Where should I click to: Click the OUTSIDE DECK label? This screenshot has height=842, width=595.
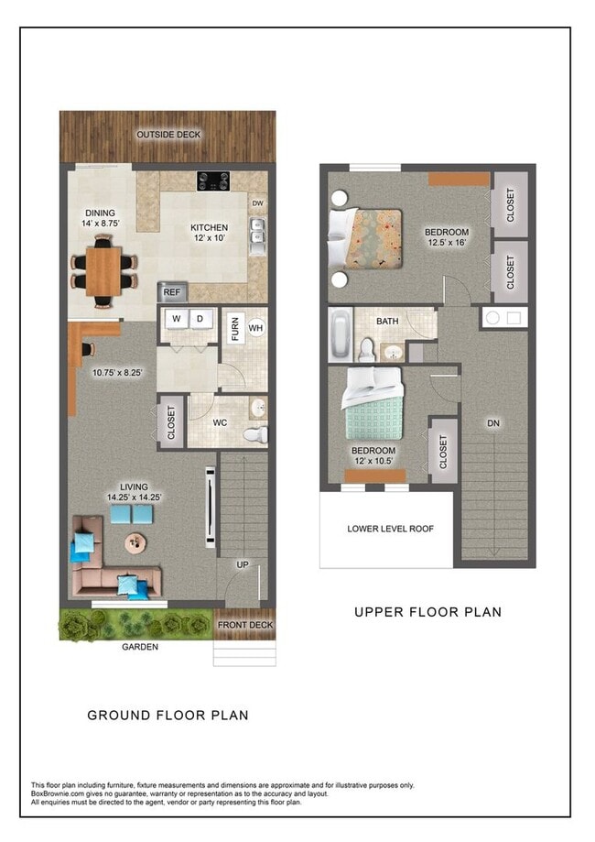168,135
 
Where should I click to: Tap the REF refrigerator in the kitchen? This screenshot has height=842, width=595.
170,293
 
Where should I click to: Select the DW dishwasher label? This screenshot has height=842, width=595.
258,203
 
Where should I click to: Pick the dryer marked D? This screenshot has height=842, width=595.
200,319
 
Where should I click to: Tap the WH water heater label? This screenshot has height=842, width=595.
255,327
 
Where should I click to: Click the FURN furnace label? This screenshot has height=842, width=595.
235,328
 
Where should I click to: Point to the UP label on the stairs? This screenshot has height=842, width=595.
243,564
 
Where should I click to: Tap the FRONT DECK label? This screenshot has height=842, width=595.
244,626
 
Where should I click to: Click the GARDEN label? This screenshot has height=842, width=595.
140,647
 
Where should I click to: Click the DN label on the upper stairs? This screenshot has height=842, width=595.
493,423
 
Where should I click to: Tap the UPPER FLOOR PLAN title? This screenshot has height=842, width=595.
427,612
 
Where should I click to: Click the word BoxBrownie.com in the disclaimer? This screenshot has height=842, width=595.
56,793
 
